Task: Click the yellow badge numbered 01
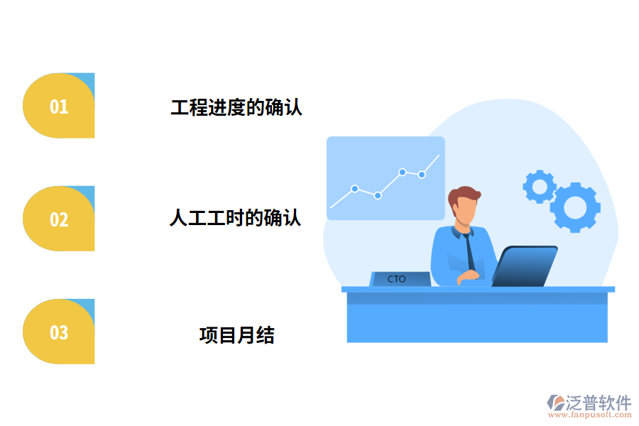59,106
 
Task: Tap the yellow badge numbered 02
59,219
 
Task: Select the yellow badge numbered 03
59,332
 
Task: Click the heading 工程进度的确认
236,108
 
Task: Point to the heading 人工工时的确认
235,217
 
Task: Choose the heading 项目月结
236,334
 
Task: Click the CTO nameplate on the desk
400,279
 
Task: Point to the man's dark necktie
470,251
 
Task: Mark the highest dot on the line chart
402,172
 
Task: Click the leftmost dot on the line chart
354,189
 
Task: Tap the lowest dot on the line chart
378,195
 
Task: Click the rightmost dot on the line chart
422,174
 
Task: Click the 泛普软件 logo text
598,403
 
